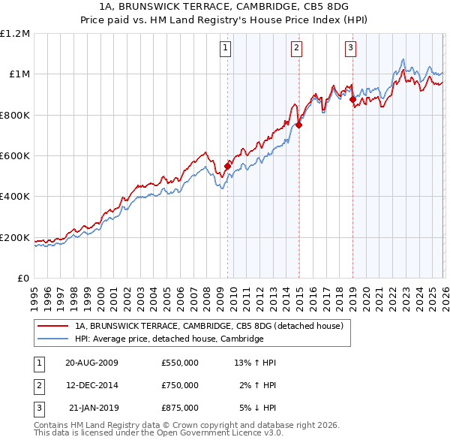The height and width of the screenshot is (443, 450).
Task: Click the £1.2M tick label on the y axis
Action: point(15,33)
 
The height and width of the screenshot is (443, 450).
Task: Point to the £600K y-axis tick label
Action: point(15,156)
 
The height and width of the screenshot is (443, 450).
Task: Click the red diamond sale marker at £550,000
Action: point(228,166)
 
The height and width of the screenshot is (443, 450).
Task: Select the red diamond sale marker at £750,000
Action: point(298,125)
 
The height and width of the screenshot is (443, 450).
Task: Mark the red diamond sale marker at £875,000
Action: point(352,99)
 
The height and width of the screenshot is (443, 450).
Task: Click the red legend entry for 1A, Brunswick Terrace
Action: point(208,326)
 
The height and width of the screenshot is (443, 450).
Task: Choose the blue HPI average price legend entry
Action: point(169,339)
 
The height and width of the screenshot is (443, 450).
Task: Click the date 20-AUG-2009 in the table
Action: point(91,363)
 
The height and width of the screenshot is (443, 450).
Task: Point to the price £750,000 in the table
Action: point(180,385)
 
